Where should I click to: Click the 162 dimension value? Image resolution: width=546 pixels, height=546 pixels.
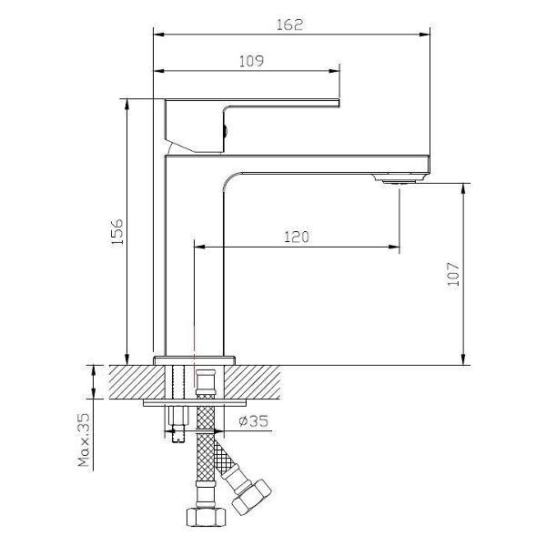click(289, 25)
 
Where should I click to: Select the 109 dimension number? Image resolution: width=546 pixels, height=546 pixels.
click(251, 61)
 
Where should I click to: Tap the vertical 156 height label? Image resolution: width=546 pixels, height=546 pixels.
click(117, 232)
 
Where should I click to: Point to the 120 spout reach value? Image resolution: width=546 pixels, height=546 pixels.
click(297, 237)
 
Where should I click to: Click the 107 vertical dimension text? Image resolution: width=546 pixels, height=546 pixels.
click(453, 274)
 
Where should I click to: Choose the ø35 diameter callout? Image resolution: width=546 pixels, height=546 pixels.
click(253, 421)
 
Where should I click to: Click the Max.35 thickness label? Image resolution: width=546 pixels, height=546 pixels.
click(84, 440)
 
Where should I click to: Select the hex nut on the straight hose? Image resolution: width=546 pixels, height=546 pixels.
click(207, 517)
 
